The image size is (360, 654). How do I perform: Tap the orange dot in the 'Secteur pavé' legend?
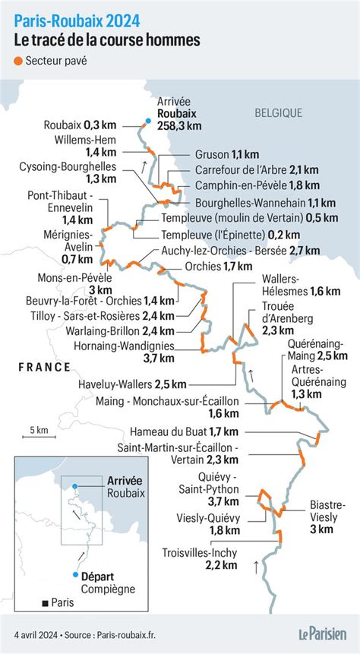click(17, 62)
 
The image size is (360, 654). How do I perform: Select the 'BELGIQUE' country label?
click(278, 112)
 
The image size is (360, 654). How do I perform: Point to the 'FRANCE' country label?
click(45, 367)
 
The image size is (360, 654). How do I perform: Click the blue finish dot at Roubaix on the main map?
click(147, 119)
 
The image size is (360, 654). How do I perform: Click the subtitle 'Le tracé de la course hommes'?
click(97, 38)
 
